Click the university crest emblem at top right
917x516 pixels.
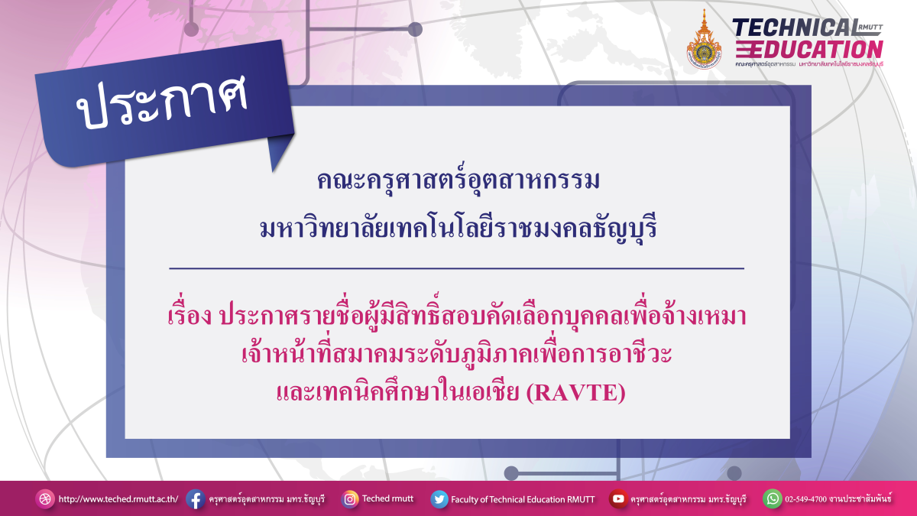pos(704,41)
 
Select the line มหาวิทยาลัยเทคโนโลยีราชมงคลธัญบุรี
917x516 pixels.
pos(458,227)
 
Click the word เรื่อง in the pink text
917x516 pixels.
pos(190,317)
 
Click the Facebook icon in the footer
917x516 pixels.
pos(195,499)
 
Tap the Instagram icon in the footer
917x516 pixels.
pos(350,499)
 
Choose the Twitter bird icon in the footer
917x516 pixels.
pos(439,499)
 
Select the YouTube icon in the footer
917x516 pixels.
pos(617,499)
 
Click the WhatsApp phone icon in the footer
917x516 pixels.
pos(773,499)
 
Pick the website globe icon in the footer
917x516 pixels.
pos(45,499)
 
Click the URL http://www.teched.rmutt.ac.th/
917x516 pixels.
pos(118,499)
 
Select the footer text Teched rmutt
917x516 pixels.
pos(387,498)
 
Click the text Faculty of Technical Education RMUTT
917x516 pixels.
pos(523,499)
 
